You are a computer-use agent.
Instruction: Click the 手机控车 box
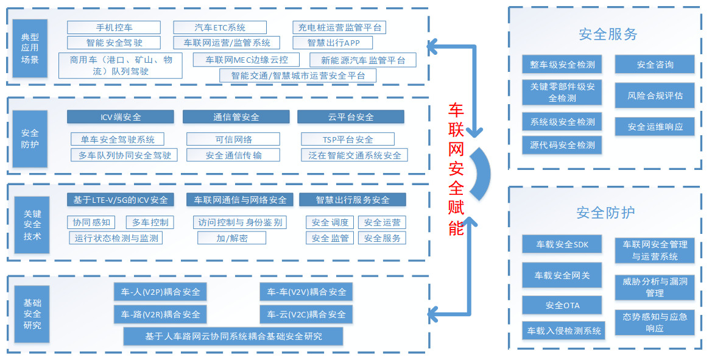pyautogui.click(x=114, y=27)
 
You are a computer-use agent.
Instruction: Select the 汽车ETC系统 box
pyautogui.click(x=220, y=27)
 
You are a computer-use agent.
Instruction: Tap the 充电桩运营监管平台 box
pyautogui.click(x=339, y=27)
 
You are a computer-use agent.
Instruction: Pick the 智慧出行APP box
pyautogui.click(x=332, y=43)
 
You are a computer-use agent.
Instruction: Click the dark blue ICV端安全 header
pyautogui.click(x=120, y=117)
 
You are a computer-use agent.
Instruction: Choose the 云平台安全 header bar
pyautogui.click(x=350, y=117)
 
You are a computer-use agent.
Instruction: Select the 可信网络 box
pyautogui.click(x=233, y=139)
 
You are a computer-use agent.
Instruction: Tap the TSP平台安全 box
pyautogui.click(x=347, y=139)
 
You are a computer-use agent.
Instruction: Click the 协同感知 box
pyautogui.click(x=91, y=222)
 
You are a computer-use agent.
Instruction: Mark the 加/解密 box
pyautogui.click(x=231, y=238)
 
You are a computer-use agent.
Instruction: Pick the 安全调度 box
pyautogui.click(x=330, y=222)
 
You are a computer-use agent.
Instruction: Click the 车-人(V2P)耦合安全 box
pyautogui.click(x=160, y=292)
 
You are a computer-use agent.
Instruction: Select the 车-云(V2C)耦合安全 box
pyautogui.click(x=306, y=314)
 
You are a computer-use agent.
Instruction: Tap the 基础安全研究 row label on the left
pyautogui.click(x=32, y=314)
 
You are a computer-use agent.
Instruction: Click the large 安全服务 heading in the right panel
pyautogui.click(x=608, y=34)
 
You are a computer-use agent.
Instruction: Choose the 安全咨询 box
pyautogui.click(x=654, y=65)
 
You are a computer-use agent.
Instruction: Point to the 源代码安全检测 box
pyautogui.click(x=562, y=145)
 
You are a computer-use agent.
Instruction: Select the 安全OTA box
pyautogui.click(x=562, y=305)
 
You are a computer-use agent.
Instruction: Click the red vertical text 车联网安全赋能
pyautogui.click(x=456, y=169)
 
